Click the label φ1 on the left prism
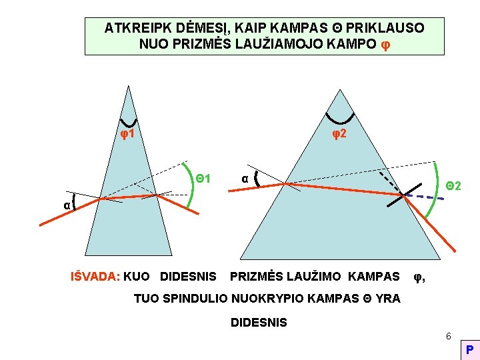pos(128,134)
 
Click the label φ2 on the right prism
pos(339,134)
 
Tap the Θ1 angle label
pos(203,178)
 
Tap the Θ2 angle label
pos(454,185)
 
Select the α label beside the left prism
pos(67,205)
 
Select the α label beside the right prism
pos(245,178)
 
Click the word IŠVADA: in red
pos(95,276)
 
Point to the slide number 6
pos(449,335)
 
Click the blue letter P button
pos(470,350)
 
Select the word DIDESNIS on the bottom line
pos(259,323)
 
